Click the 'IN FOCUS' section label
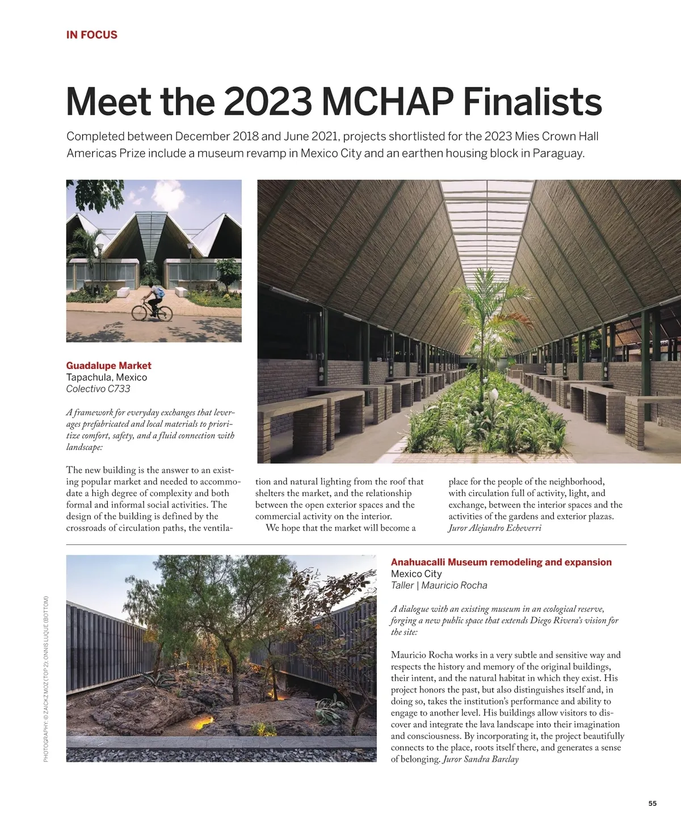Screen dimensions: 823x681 91,35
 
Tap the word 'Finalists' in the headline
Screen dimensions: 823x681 532,102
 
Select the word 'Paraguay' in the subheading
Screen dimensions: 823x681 557,153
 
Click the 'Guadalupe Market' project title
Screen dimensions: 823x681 108,366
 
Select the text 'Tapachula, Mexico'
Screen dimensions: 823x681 106,377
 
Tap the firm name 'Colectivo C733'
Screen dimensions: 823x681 98,389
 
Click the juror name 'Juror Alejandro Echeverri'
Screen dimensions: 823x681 494,528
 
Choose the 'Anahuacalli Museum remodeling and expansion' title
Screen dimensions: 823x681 501,562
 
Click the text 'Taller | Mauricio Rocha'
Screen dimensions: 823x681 439,585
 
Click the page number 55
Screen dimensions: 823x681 653,803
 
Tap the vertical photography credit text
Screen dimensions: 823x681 46,679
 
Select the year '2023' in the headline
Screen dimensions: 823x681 267,102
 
